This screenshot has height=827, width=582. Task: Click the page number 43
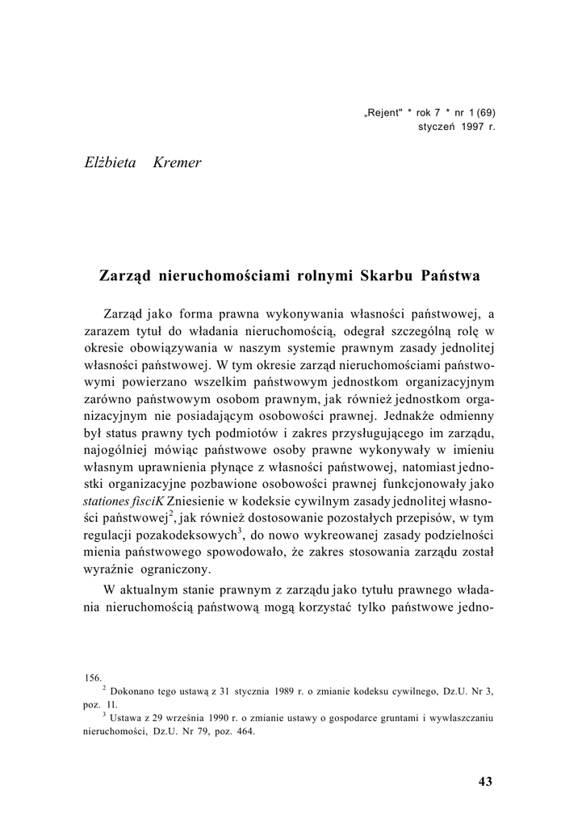click(485, 781)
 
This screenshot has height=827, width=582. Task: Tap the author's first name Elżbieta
click(110, 164)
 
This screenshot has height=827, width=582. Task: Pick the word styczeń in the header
click(438, 127)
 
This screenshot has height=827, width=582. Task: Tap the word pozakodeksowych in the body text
click(188, 536)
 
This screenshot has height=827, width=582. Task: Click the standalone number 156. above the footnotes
click(93, 678)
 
